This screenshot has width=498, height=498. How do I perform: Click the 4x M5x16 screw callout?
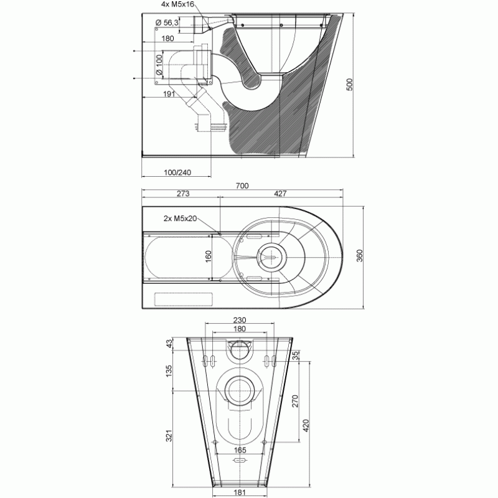tap(177, 4)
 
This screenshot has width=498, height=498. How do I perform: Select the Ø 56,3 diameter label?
tap(167, 22)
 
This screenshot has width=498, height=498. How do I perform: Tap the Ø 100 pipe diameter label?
tap(159, 65)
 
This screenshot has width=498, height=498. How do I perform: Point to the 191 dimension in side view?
tap(169, 94)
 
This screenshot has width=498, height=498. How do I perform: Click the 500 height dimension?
tap(349, 85)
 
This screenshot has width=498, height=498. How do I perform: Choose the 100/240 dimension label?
tap(177, 172)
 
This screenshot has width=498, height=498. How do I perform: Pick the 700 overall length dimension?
tap(242, 186)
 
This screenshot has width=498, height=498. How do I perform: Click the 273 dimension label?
tap(183, 194)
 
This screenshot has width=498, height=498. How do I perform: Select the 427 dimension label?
tap(280, 194)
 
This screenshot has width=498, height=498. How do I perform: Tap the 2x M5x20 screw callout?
tap(180, 218)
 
